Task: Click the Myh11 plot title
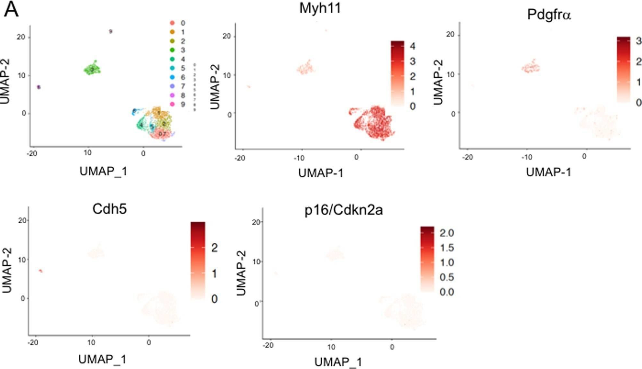320,8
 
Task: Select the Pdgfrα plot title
549,15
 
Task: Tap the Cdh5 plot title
109,209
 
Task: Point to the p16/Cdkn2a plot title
344,210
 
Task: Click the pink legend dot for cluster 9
172,104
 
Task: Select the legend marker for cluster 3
172,50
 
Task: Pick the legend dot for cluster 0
172,23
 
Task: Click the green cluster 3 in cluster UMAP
92,69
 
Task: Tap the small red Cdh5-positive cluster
41,270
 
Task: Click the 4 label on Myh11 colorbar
412,46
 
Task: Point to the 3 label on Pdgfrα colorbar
638,41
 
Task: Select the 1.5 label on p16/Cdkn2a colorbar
446,248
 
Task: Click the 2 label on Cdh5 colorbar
214,248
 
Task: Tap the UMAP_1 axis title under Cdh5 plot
102,359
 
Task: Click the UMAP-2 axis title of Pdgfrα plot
438,82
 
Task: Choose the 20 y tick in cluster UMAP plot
21,37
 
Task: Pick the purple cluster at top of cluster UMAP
110,31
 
